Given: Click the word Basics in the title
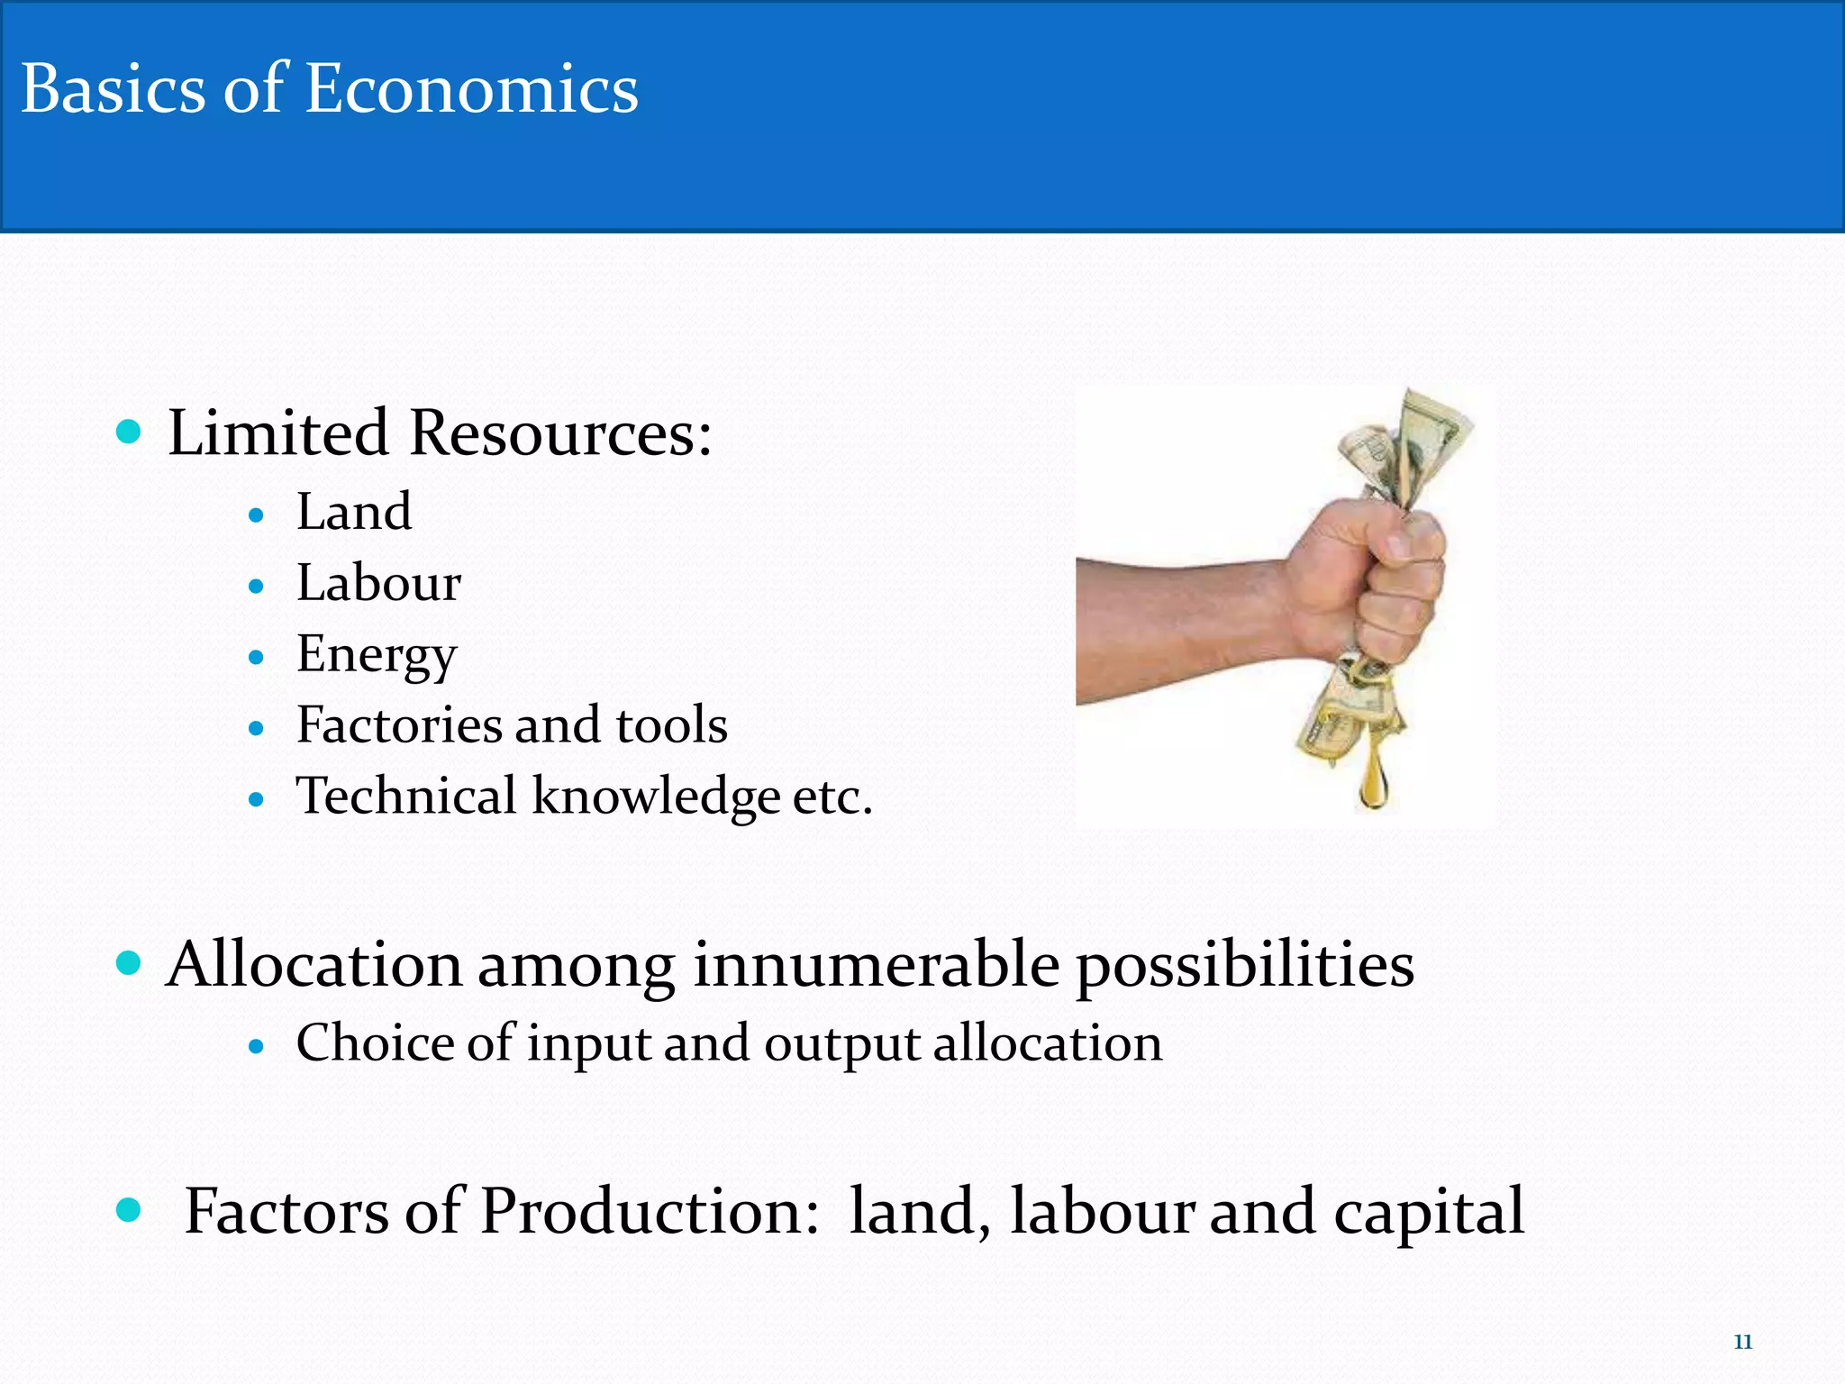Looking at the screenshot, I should (113, 90).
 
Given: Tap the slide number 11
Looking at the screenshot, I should (1742, 1342).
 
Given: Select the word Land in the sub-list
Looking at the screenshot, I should (354, 512).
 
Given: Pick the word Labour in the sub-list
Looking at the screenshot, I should (378, 583).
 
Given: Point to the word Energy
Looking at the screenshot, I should (377, 655).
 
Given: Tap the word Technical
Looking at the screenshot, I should (406, 796).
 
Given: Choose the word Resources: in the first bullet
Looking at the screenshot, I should (560, 433).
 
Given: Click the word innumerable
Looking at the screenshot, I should (876, 965).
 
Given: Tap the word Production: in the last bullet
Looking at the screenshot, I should (650, 1211).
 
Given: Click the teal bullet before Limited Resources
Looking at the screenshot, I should (130, 432).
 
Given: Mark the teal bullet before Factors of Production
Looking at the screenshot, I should (130, 1210).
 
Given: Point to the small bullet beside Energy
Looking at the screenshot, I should (257, 658).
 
